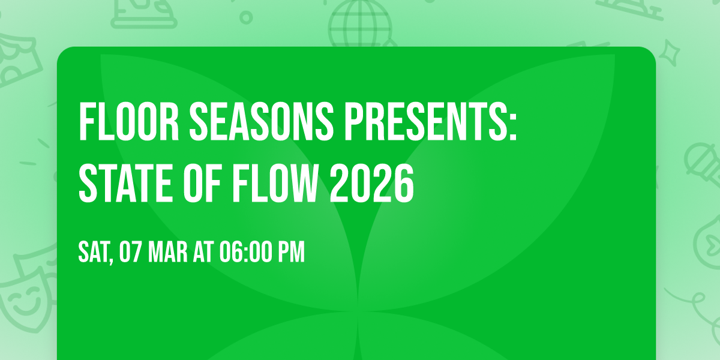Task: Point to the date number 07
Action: pyautogui.click(x=130, y=253)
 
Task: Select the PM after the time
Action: pyautogui.click(x=291, y=253)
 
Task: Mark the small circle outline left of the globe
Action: pyautogui.click(x=246, y=17)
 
